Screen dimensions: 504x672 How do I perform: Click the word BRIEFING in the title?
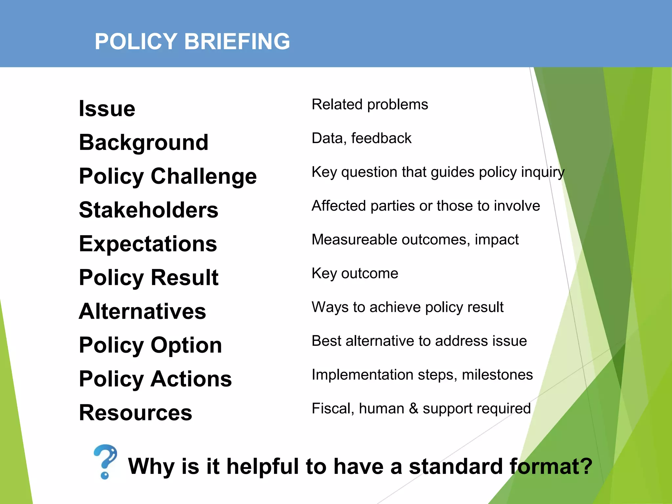click(x=237, y=42)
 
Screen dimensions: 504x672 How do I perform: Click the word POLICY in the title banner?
click(x=136, y=42)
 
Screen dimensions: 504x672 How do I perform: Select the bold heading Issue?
click(x=107, y=109)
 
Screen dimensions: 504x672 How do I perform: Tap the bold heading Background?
click(x=144, y=142)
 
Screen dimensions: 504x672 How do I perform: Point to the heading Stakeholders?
click(x=149, y=210)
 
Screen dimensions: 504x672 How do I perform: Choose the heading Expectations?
click(x=148, y=244)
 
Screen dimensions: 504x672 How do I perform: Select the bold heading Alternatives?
click(x=142, y=311)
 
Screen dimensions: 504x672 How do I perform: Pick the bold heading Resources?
click(x=136, y=413)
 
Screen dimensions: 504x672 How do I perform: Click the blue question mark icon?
click(x=105, y=461)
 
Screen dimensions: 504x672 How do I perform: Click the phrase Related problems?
click(x=370, y=104)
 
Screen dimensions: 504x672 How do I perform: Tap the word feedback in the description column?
click(x=381, y=138)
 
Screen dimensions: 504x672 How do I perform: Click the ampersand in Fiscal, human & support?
click(x=413, y=409)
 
